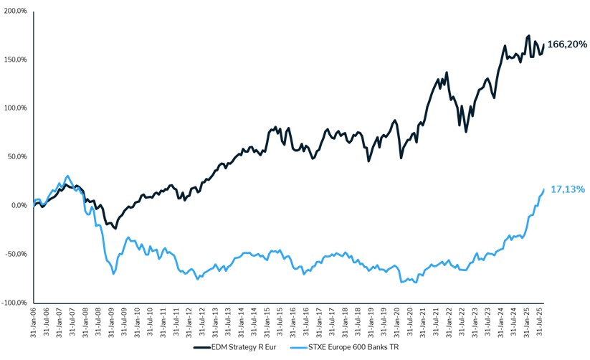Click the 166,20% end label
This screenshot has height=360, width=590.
coord(567,44)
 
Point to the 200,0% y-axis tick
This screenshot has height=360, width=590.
coord(15,11)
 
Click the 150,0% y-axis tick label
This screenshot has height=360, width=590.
coord(15,60)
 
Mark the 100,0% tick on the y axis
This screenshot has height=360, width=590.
coord(15,108)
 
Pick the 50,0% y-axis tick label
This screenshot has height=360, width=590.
coord(16,156)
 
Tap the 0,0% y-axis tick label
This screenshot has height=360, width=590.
coord(18,205)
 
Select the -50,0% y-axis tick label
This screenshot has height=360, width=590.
coord(16,254)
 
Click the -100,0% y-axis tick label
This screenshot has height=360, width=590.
coord(14,303)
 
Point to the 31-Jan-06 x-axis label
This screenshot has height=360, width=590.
coord(34,322)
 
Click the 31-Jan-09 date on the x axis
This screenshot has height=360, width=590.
coord(112,322)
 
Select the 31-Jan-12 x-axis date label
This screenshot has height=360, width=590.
coord(190,322)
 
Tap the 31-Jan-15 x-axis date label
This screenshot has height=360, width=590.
coord(267,322)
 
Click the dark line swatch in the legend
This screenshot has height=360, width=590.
coord(202,347)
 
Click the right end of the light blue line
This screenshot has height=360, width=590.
coord(544,189)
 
